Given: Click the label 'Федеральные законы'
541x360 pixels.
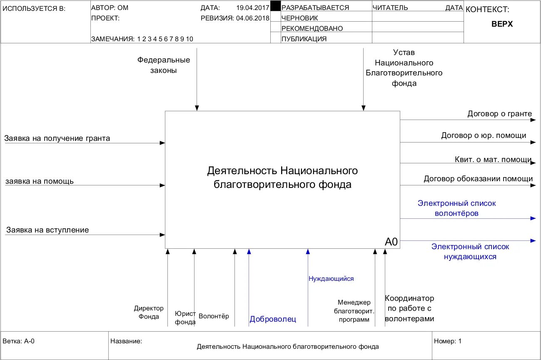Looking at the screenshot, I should tap(164, 65).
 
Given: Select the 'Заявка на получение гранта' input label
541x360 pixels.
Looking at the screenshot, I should tap(57, 138).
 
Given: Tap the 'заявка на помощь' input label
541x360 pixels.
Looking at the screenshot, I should tap(40, 181).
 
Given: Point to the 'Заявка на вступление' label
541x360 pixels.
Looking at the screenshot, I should tap(47, 230).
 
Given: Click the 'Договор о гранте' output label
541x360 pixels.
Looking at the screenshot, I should tap(500, 114).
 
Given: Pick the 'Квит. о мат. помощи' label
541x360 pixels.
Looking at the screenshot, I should tap(493, 159).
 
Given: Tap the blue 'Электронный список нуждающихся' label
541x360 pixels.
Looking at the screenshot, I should tap(470, 252).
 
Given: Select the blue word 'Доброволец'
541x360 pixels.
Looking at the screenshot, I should tap(273, 320).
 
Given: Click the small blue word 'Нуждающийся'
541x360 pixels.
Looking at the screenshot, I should tap(331, 279).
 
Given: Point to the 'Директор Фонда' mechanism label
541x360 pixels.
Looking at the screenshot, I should tap(149, 312).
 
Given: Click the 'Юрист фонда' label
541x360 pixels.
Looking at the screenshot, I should tap(185, 318).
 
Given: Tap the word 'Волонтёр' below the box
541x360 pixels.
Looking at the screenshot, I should tap(214, 316).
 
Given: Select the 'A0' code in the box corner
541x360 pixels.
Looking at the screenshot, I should tap(391, 242).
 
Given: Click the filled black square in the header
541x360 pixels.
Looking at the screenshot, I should tap(275, 6).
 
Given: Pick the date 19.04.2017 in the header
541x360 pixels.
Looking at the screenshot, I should tap(252, 8).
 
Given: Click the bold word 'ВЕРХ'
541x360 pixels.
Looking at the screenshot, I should tap(502, 24).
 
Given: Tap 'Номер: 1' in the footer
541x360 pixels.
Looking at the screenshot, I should tap(448, 341).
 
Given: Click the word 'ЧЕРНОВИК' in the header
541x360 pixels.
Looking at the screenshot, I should tap(300, 18).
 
